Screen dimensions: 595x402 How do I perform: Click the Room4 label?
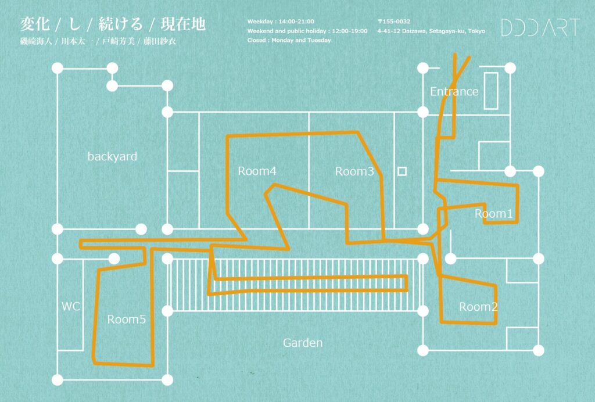[x=257, y=171]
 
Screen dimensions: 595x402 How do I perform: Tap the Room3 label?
[x=354, y=171]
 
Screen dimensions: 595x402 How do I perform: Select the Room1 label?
[x=493, y=214]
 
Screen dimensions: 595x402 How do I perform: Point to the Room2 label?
[x=478, y=306]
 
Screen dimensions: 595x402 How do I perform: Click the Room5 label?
[x=126, y=320]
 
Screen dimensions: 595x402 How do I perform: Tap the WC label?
[x=70, y=306]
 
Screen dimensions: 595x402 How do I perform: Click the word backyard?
[x=112, y=157]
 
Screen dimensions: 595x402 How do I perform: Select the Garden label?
[x=303, y=343]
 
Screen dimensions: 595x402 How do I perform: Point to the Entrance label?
[x=454, y=91]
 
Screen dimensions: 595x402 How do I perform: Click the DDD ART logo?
[x=540, y=27]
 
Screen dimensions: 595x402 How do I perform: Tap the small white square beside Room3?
[x=402, y=171]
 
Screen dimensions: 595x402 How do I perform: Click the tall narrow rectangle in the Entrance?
[x=490, y=91]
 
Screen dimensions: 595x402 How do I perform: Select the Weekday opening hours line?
[x=281, y=21]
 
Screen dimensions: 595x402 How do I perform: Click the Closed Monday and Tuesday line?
[x=289, y=40]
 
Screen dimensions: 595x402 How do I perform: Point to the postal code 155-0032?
[x=394, y=21]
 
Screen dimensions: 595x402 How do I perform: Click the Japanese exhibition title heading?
[x=113, y=24]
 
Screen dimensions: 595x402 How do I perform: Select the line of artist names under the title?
[x=98, y=41]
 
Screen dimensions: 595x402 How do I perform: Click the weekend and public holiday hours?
[x=307, y=31]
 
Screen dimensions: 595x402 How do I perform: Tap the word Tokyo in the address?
[x=476, y=31]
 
